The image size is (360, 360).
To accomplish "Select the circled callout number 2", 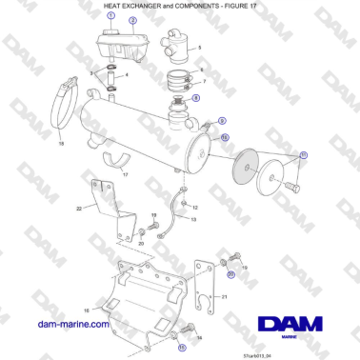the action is click(x=132, y=20).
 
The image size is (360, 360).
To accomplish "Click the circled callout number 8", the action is click(x=196, y=97).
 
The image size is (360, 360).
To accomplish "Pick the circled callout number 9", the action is click(x=222, y=121).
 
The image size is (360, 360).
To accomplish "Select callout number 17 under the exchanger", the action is click(x=124, y=174).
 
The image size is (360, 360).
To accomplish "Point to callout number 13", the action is click(x=192, y=220).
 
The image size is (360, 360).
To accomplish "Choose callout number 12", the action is click(x=195, y=207).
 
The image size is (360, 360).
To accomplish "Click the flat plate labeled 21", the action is click(x=204, y=285).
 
